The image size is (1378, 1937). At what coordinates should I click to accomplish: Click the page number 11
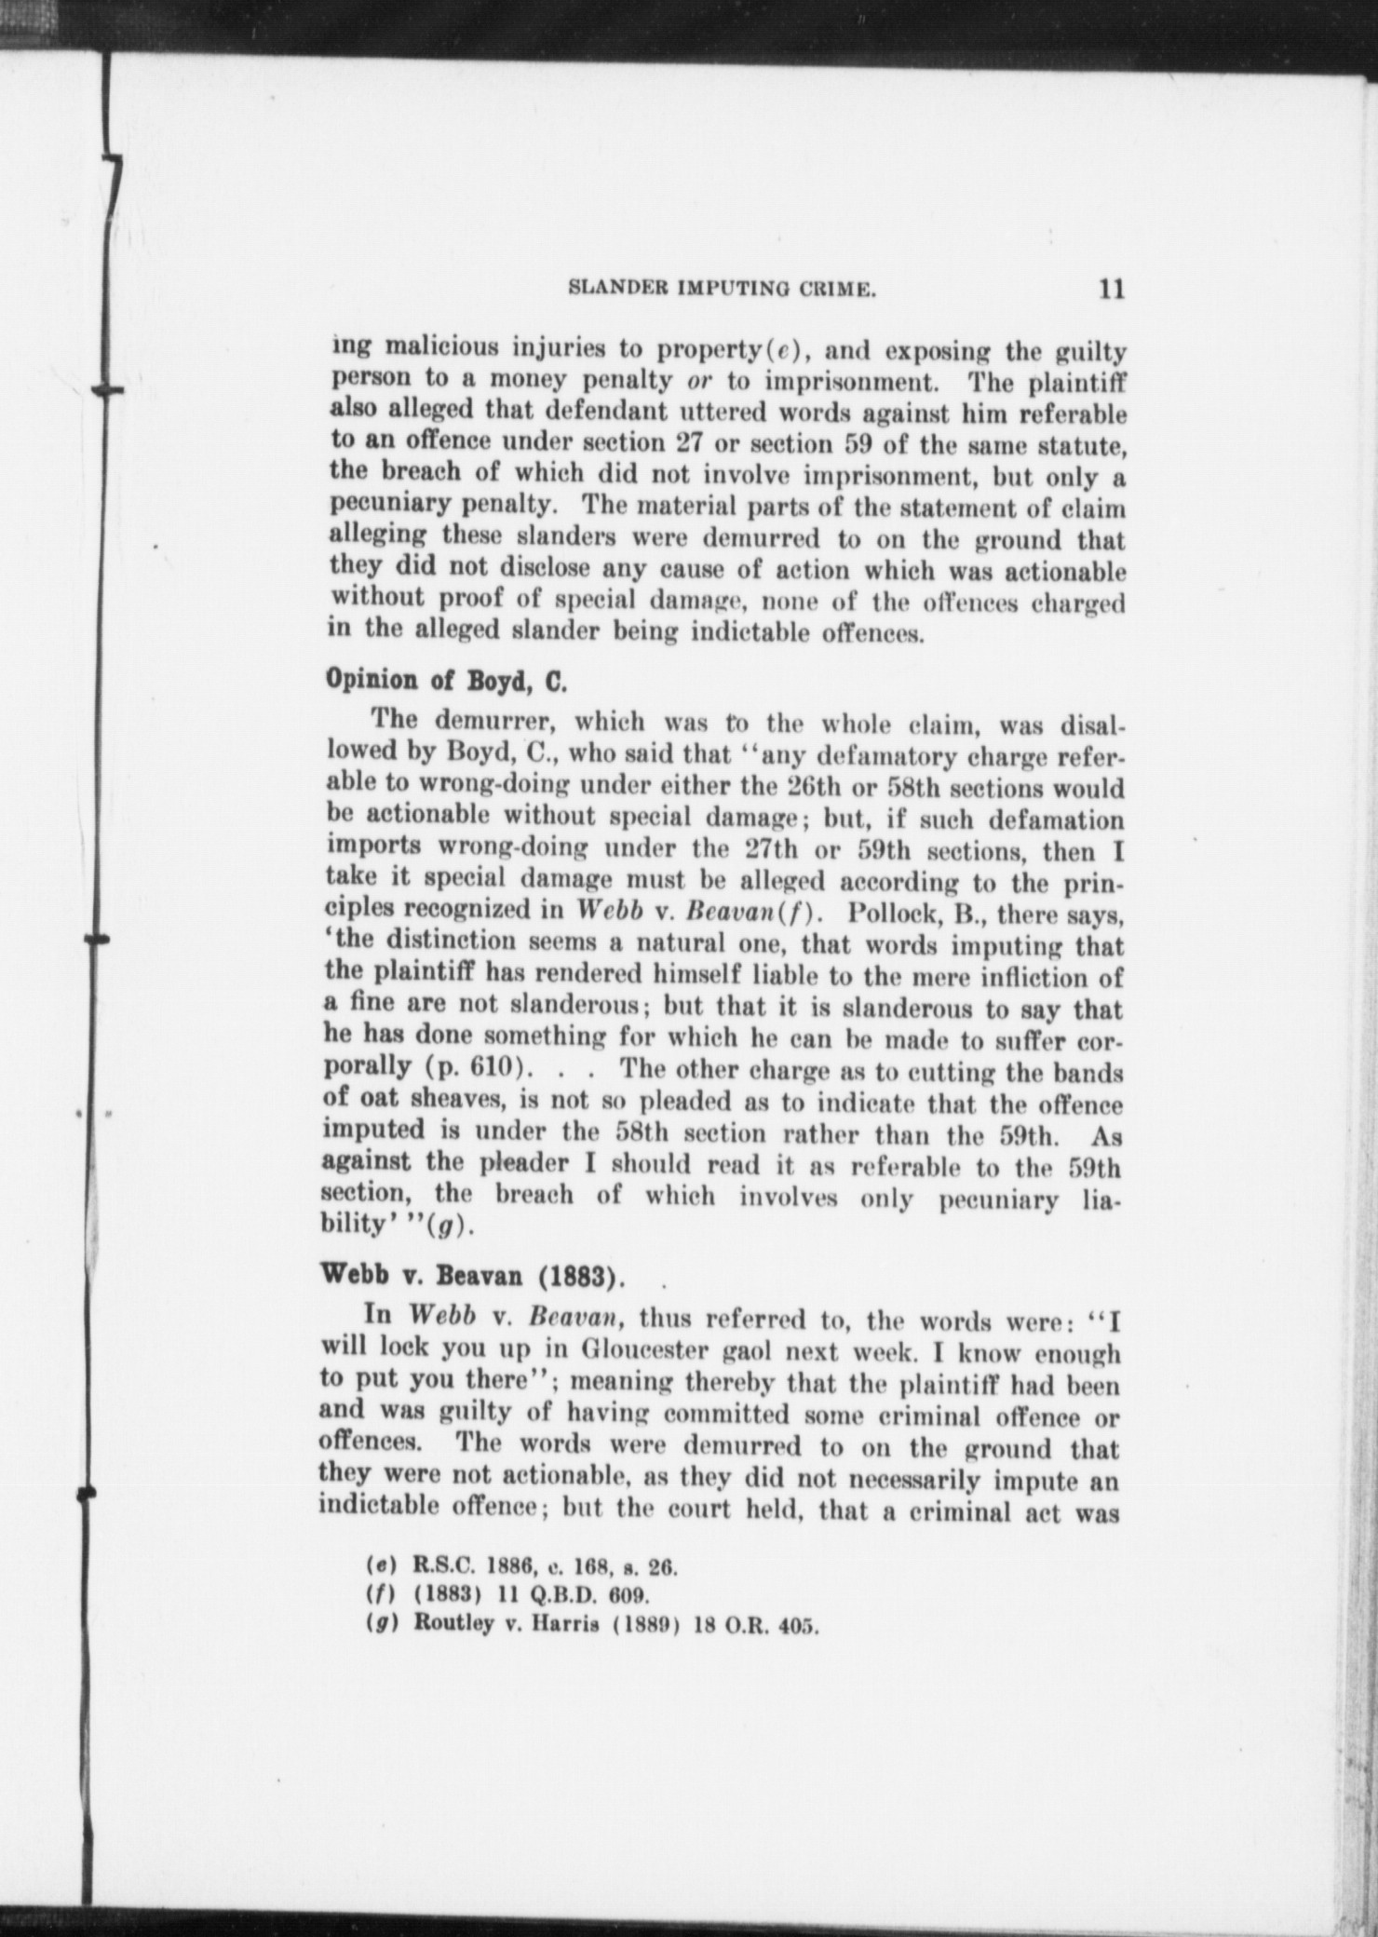tap(1111, 289)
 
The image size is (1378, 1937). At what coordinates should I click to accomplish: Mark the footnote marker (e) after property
tap(780, 352)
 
